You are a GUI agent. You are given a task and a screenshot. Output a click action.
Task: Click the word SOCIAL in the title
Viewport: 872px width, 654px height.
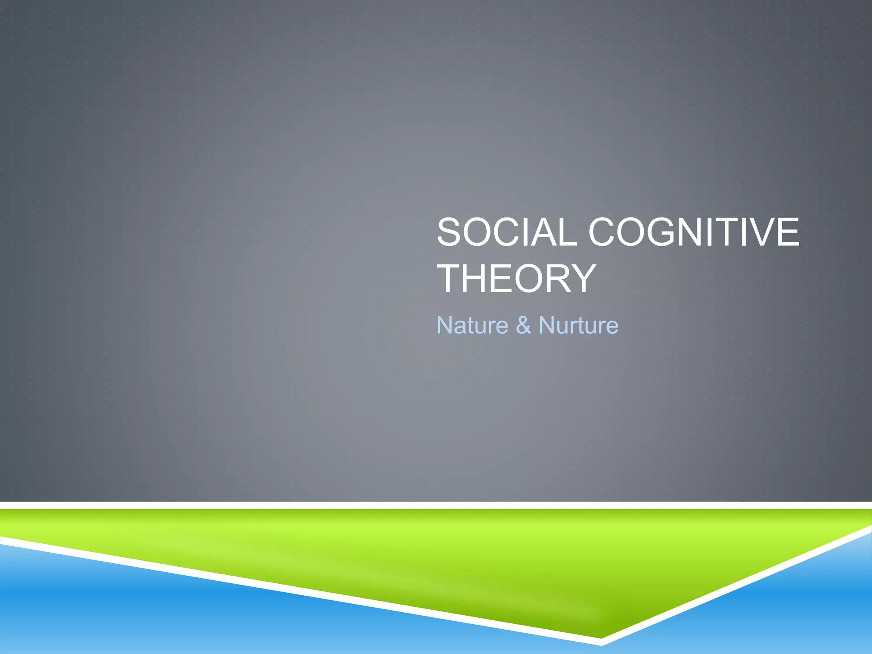507,232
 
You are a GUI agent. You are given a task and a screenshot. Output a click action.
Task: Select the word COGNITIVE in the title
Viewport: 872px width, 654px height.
694,232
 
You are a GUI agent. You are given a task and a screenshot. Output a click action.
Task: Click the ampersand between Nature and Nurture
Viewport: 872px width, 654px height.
523,325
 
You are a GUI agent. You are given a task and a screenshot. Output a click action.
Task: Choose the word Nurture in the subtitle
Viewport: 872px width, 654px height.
578,325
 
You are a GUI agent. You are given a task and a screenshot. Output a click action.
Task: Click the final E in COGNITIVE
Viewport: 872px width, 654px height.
789,232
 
